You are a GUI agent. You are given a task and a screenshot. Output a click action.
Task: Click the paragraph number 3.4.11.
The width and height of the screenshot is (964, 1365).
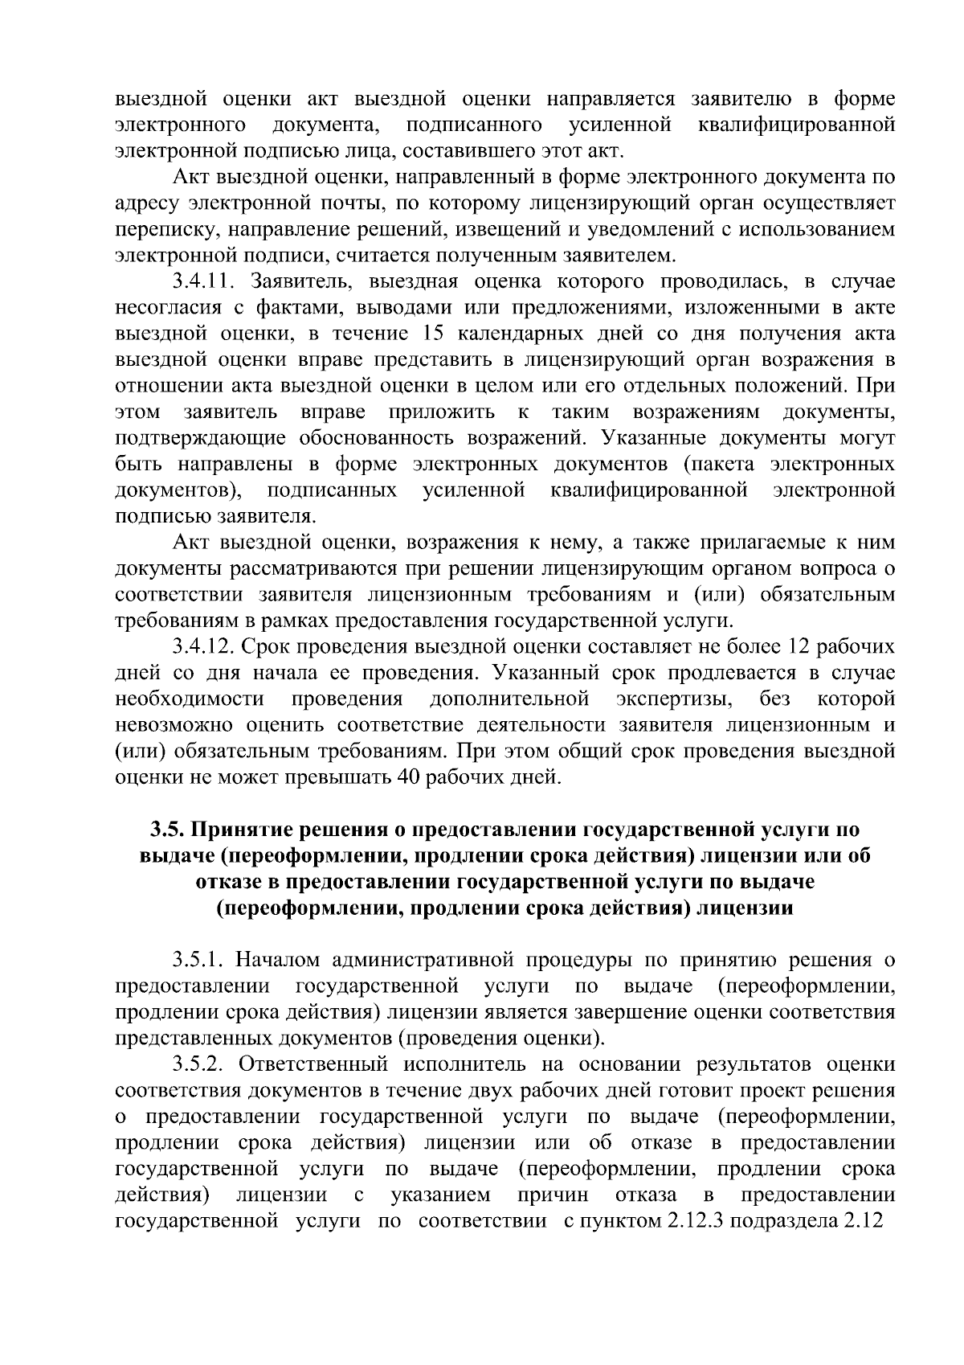coord(204,282)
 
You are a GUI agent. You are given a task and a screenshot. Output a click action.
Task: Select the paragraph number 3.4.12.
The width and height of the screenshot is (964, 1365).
coord(204,646)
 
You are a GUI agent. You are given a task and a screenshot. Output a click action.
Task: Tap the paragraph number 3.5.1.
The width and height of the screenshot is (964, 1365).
coord(198,960)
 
